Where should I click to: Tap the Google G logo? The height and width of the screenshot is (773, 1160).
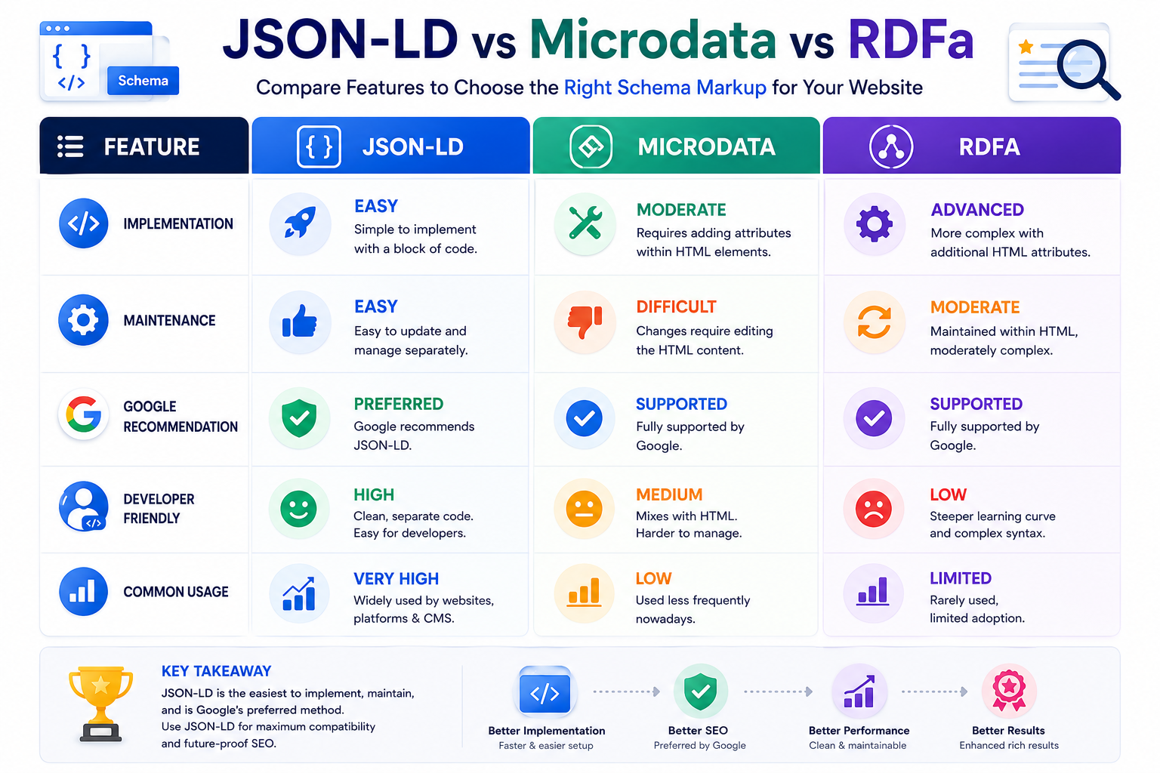(83, 414)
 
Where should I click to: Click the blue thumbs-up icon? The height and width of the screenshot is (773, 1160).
(299, 321)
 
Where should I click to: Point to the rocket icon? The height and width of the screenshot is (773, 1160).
(300, 223)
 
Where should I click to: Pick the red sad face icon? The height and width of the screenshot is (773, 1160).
(873, 509)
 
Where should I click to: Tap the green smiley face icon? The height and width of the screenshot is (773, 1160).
(298, 509)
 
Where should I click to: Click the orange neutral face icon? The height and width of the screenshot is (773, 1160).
(584, 509)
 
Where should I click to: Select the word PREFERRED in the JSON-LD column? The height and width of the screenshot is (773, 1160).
(398, 404)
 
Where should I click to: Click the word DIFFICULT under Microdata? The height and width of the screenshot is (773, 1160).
(676, 307)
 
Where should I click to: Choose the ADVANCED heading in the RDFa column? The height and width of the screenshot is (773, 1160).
(977, 210)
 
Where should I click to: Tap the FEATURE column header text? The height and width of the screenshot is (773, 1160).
(152, 147)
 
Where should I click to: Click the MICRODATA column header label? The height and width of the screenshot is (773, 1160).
(706, 147)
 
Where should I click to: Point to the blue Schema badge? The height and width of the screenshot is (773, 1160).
(143, 81)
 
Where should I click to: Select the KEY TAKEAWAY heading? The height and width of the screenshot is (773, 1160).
(216, 671)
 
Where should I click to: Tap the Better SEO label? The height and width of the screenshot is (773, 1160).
(698, 731)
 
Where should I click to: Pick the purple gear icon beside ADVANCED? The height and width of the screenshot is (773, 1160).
(874, 223)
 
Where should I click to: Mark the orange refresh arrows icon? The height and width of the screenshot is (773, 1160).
(874, 322)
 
